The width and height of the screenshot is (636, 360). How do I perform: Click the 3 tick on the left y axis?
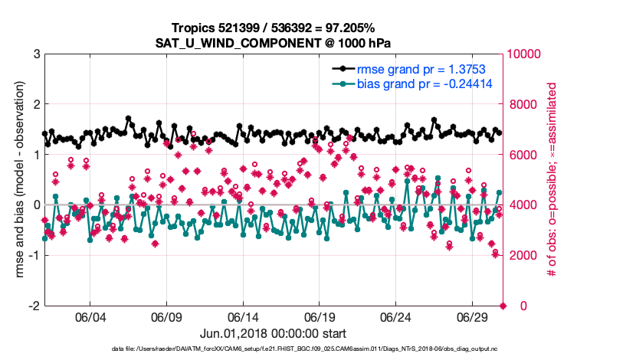[x=36, y=54]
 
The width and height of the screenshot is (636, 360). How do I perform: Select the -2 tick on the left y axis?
[x=34, y=306]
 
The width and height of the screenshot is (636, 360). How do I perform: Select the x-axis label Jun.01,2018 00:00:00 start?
[x=274, y=334]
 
